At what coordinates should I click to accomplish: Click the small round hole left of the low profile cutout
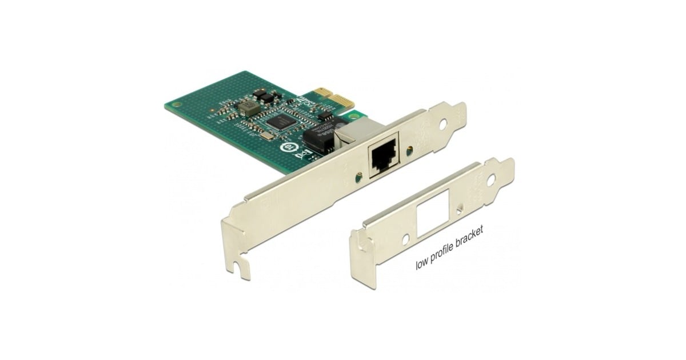[405, 237]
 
